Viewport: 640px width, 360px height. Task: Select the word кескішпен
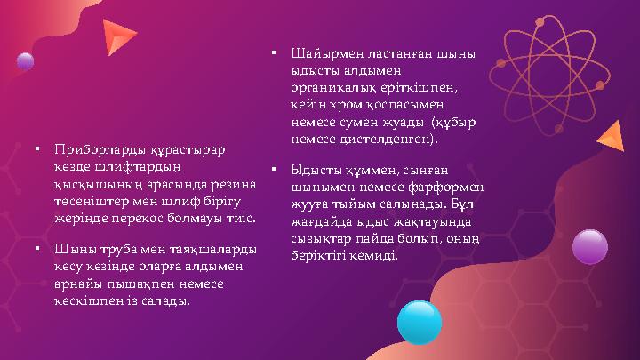(x=87, y=301)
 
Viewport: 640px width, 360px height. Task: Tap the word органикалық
(x=335, y=88)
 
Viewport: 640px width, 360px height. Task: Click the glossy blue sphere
(x=419, y=322)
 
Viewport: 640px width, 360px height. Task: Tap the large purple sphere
(x=589, y=247)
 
